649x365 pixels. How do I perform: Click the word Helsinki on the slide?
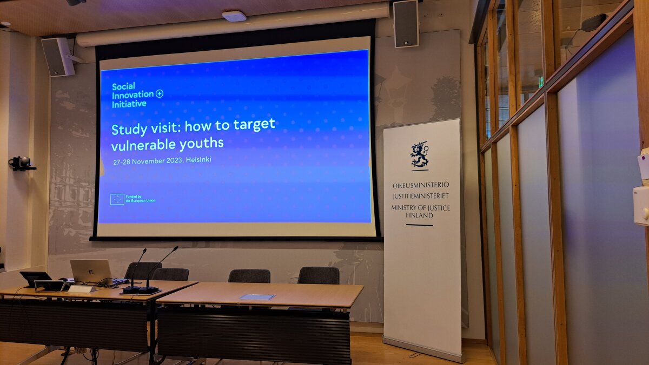(198, 159)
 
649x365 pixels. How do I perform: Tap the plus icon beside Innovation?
(160, 93)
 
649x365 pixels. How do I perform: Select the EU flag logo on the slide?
(117, 199)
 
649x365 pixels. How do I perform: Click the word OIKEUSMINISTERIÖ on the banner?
(421, 185)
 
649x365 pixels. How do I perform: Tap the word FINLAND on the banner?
(419, 215)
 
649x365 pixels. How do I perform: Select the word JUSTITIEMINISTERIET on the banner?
(421, 196)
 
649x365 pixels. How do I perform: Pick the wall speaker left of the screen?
(58, 57)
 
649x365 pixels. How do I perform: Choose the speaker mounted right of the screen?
(406, 24)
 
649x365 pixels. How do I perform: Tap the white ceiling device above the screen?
(234, 16)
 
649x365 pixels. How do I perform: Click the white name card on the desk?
(82, 289)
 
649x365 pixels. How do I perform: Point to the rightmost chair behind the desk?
(319, 275)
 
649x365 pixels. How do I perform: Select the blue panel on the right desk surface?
(257, 297)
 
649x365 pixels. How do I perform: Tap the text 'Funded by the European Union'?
(140, 199)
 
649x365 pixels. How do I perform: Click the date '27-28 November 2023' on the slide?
(148, 161)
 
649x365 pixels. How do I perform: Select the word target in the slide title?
(254, 125)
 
